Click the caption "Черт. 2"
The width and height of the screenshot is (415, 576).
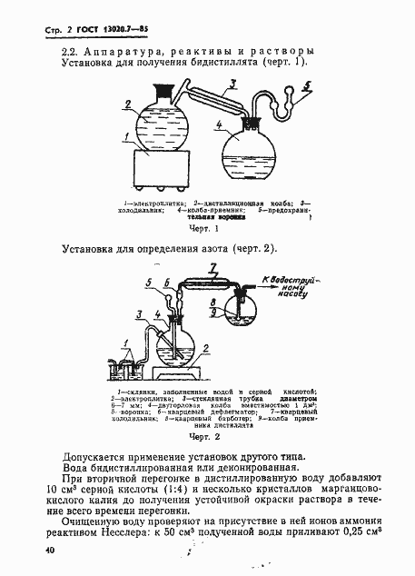(206, 436)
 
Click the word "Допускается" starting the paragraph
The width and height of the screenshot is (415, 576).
(102, 456)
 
